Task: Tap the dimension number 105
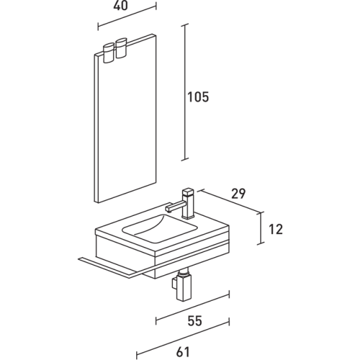click(199, 98)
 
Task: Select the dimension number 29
click(238, 194)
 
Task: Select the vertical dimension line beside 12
click(261, 228)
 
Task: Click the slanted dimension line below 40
click(127, 18)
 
